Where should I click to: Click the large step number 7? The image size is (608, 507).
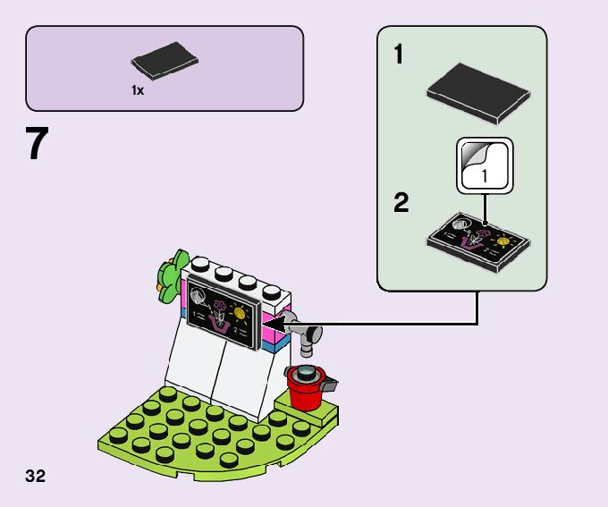pyautogui.click(x=38, y=143)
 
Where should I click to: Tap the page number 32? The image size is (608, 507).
pyautogui.click(x=35, y=476)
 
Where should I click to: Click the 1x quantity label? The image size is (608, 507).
pyautogui.click(x=138, y=90)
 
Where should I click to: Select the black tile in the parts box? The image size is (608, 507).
pyautogui.click(x=165, y=61)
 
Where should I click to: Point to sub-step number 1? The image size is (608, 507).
pyautogui.click(x=399, y=54)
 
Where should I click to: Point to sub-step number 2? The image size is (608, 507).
pyautogui.click(x=401, y=202)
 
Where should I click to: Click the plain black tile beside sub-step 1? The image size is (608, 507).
pyautogui.click(x=478, y=94)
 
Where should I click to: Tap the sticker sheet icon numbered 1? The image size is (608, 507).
pyautogui.click(x=486, y=165)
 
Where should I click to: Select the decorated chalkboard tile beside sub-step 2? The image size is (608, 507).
pyautogui.click(x=478, y=242)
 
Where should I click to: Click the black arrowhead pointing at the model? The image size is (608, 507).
pyautogui.click(x=274, y=325)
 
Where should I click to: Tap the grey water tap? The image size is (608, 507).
pyautogui.click(x=305, y=332)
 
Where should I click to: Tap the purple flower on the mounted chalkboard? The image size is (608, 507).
pyautogui.click(x=219, y=305)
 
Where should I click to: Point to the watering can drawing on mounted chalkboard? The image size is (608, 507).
pyautogui.click(x=198, y=297)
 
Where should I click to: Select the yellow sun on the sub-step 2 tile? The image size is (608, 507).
pyautogui.click(x=502, y=241)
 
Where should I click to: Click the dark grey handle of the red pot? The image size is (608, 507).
pyautogui.click(x=329, y=384)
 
